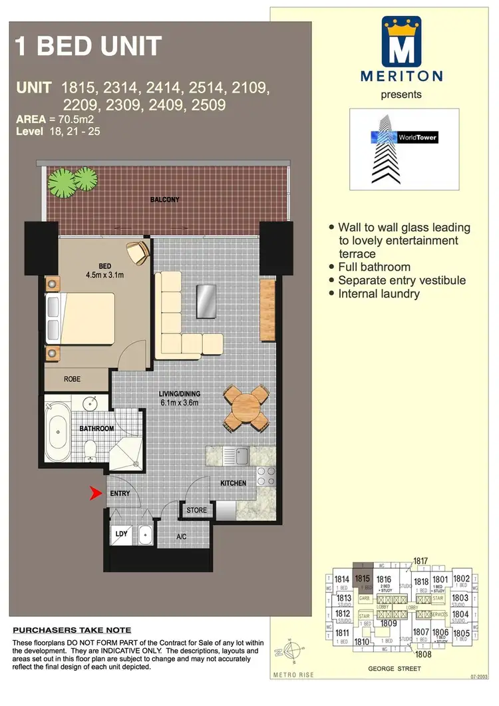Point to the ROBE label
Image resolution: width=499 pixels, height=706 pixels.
tap(73, 379)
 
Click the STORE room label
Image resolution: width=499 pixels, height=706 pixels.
tap(196, 510)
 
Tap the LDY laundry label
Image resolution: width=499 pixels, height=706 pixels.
tap(121, 534)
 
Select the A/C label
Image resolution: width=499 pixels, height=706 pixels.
tap(181, 536)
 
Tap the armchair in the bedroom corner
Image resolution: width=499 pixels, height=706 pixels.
tap(138, 252)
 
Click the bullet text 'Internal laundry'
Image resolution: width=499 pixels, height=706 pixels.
tap(379, 293)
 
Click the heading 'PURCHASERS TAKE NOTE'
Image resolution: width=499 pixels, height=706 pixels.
tap(73, 630)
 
